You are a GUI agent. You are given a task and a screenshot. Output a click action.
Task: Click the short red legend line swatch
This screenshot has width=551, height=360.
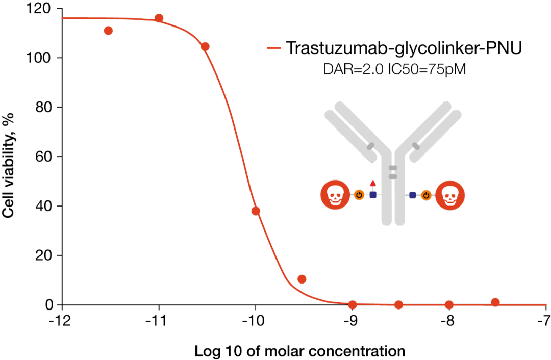274,48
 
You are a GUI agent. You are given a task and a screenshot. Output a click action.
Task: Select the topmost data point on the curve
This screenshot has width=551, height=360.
159,18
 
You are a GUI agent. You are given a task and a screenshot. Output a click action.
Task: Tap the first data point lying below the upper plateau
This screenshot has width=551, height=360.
108,31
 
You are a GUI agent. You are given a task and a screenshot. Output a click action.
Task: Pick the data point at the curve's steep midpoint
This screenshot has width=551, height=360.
256,211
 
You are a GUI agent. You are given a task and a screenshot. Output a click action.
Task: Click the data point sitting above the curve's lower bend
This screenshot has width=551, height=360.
302,279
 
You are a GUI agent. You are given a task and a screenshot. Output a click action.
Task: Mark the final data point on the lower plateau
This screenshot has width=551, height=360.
495,302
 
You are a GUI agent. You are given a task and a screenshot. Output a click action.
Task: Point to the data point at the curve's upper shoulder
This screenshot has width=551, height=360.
205,46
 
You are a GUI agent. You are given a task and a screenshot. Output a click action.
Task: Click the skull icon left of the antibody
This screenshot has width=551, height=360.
335,195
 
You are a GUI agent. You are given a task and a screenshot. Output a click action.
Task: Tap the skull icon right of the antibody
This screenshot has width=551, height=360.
450,195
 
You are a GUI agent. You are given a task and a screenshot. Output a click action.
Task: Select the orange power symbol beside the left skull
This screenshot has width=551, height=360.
359,195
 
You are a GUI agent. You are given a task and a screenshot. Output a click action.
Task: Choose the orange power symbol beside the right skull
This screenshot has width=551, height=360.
426,195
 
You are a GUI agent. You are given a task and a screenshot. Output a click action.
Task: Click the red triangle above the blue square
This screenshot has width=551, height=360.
373,183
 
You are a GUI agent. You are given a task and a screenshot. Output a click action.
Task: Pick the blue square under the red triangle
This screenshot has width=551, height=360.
373,195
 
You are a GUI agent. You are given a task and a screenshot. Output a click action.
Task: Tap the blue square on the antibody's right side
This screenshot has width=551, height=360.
413,195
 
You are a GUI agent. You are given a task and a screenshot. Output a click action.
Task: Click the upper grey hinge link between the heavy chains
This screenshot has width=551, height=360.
393,168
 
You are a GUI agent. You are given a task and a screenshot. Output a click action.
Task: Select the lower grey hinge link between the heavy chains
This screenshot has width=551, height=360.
393,176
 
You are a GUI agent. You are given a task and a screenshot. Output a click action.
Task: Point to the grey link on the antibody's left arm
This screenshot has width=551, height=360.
370,146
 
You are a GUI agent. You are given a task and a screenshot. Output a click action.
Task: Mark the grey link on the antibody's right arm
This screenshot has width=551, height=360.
416,146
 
